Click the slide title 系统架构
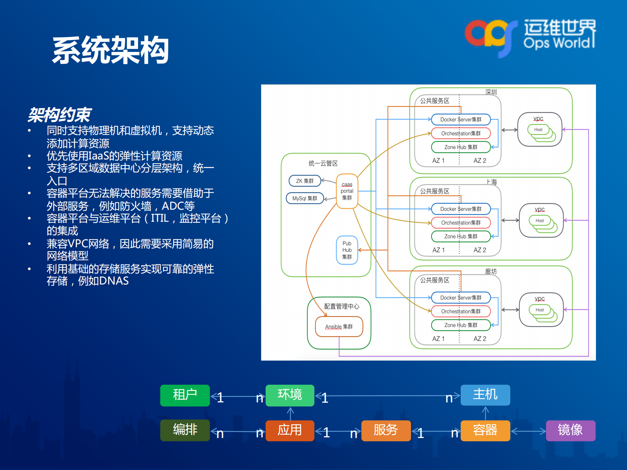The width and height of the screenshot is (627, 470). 110,50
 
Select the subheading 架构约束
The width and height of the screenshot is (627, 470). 59,115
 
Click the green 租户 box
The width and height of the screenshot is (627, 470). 185,395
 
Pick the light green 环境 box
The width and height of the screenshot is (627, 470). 290,395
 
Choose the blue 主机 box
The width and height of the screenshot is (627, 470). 485,395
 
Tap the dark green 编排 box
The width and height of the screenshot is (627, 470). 185,430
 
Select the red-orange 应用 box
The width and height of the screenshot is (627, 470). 290,430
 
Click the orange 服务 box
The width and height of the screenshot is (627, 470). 386,430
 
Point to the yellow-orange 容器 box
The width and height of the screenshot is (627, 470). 485,430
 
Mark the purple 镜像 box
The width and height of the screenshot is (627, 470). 570,430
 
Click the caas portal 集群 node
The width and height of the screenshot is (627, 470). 347,191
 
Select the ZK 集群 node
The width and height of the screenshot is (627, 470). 305,181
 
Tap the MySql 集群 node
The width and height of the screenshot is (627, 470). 305,198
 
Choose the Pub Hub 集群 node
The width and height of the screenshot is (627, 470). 347,250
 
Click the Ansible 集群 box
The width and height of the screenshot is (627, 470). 339,327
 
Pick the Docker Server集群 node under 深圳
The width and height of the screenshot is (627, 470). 461,120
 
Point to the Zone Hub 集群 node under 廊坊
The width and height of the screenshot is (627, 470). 461,325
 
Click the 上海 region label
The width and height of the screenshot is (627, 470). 491,182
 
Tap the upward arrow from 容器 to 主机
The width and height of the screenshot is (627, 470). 486,413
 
